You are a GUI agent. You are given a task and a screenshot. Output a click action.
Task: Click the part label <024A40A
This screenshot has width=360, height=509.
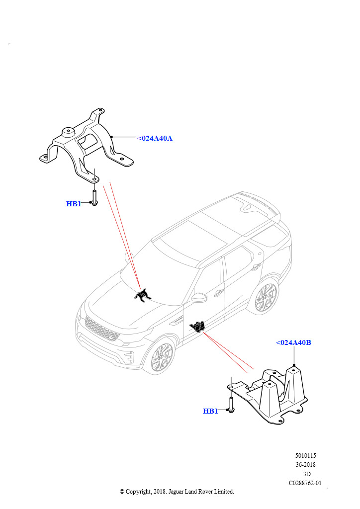coord(155,138)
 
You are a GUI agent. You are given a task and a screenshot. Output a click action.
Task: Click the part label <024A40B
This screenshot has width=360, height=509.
coord(293,342)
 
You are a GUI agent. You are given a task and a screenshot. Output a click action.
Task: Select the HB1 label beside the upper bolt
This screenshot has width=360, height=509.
coord(73,204)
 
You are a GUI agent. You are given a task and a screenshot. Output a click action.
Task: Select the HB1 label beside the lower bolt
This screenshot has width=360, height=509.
coord(210,411)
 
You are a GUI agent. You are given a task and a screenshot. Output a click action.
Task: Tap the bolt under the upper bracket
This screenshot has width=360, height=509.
coord(94,197)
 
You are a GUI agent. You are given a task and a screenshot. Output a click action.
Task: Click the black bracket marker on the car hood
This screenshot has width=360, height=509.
coord(143,296)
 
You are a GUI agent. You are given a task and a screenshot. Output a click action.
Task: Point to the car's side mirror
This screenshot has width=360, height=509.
coord(199,298)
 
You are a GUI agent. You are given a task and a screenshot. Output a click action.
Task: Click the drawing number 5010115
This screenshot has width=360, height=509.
coord(305,455)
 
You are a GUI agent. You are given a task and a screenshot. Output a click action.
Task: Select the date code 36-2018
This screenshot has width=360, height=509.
coord(305,465)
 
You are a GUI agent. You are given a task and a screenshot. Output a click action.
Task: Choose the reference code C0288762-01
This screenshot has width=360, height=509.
coord(305,483)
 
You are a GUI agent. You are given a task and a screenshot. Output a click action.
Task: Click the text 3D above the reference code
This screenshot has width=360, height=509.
coord(307,474)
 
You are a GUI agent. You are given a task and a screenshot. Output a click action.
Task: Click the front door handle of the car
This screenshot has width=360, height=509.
coord(217,293)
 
